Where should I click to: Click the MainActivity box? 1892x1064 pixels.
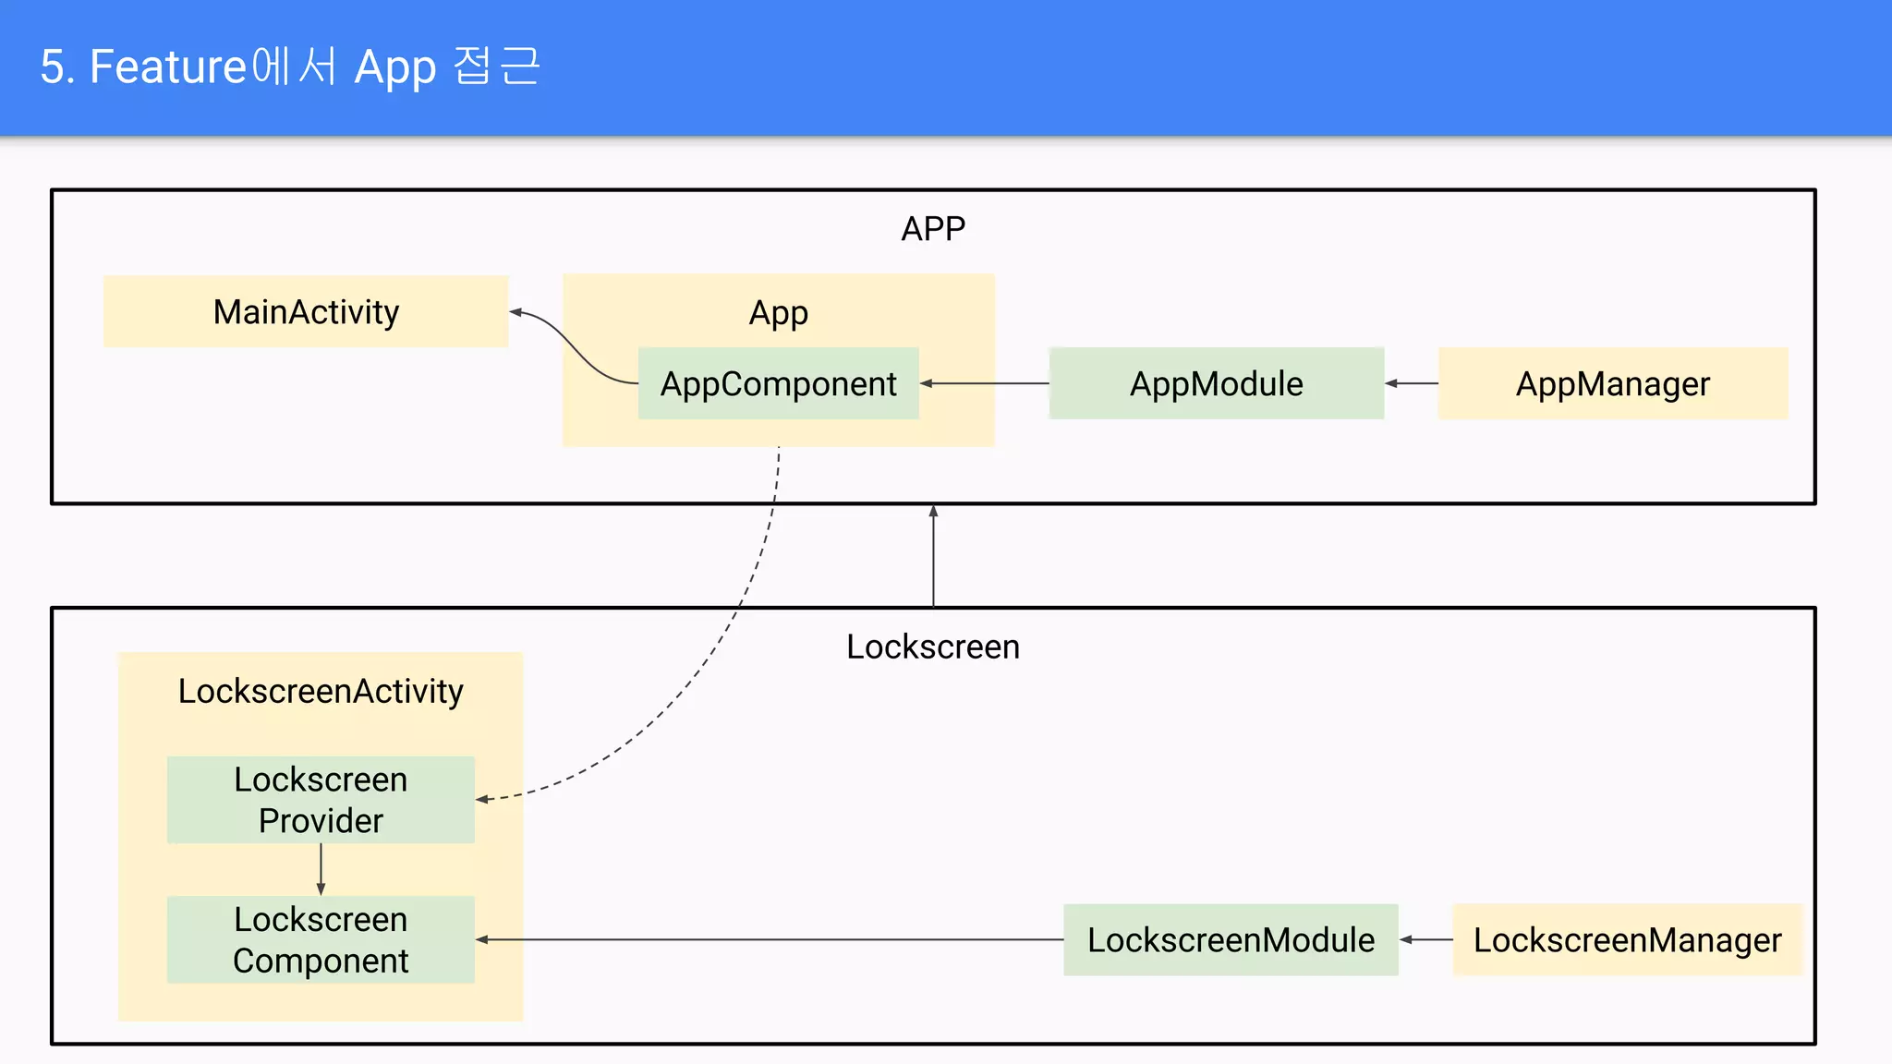(x=306, y=312)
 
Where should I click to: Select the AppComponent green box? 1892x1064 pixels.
(x=778, y=383)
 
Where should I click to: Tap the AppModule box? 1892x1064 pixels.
(x=1216, y=383)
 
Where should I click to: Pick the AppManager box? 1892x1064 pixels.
(x=1612, y=383)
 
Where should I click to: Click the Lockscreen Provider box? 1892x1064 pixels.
(x=321, y=800)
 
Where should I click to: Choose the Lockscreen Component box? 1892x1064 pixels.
(x=321, y=939)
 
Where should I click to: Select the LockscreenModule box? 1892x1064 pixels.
(x=1231, y=939)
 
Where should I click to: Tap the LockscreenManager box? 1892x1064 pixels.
(x=1627, y=939)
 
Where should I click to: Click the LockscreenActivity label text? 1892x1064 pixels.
(x=321, y=691)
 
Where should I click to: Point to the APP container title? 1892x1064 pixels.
(x=933, y=228)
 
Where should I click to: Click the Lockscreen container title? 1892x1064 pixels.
(x=933, y=647)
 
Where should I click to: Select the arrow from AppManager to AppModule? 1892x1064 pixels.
(x=1412, y=383)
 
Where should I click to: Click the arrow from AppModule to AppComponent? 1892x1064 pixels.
(x=985, y=383)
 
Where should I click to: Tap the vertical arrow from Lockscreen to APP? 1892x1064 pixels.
(x=933, y=555)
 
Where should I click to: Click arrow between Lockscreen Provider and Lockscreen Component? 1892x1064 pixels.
(x=321, y=869)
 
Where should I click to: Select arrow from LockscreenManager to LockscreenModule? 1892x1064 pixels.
(x=1425, y=939)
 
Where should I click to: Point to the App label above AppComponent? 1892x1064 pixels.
(x=778, y=312)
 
